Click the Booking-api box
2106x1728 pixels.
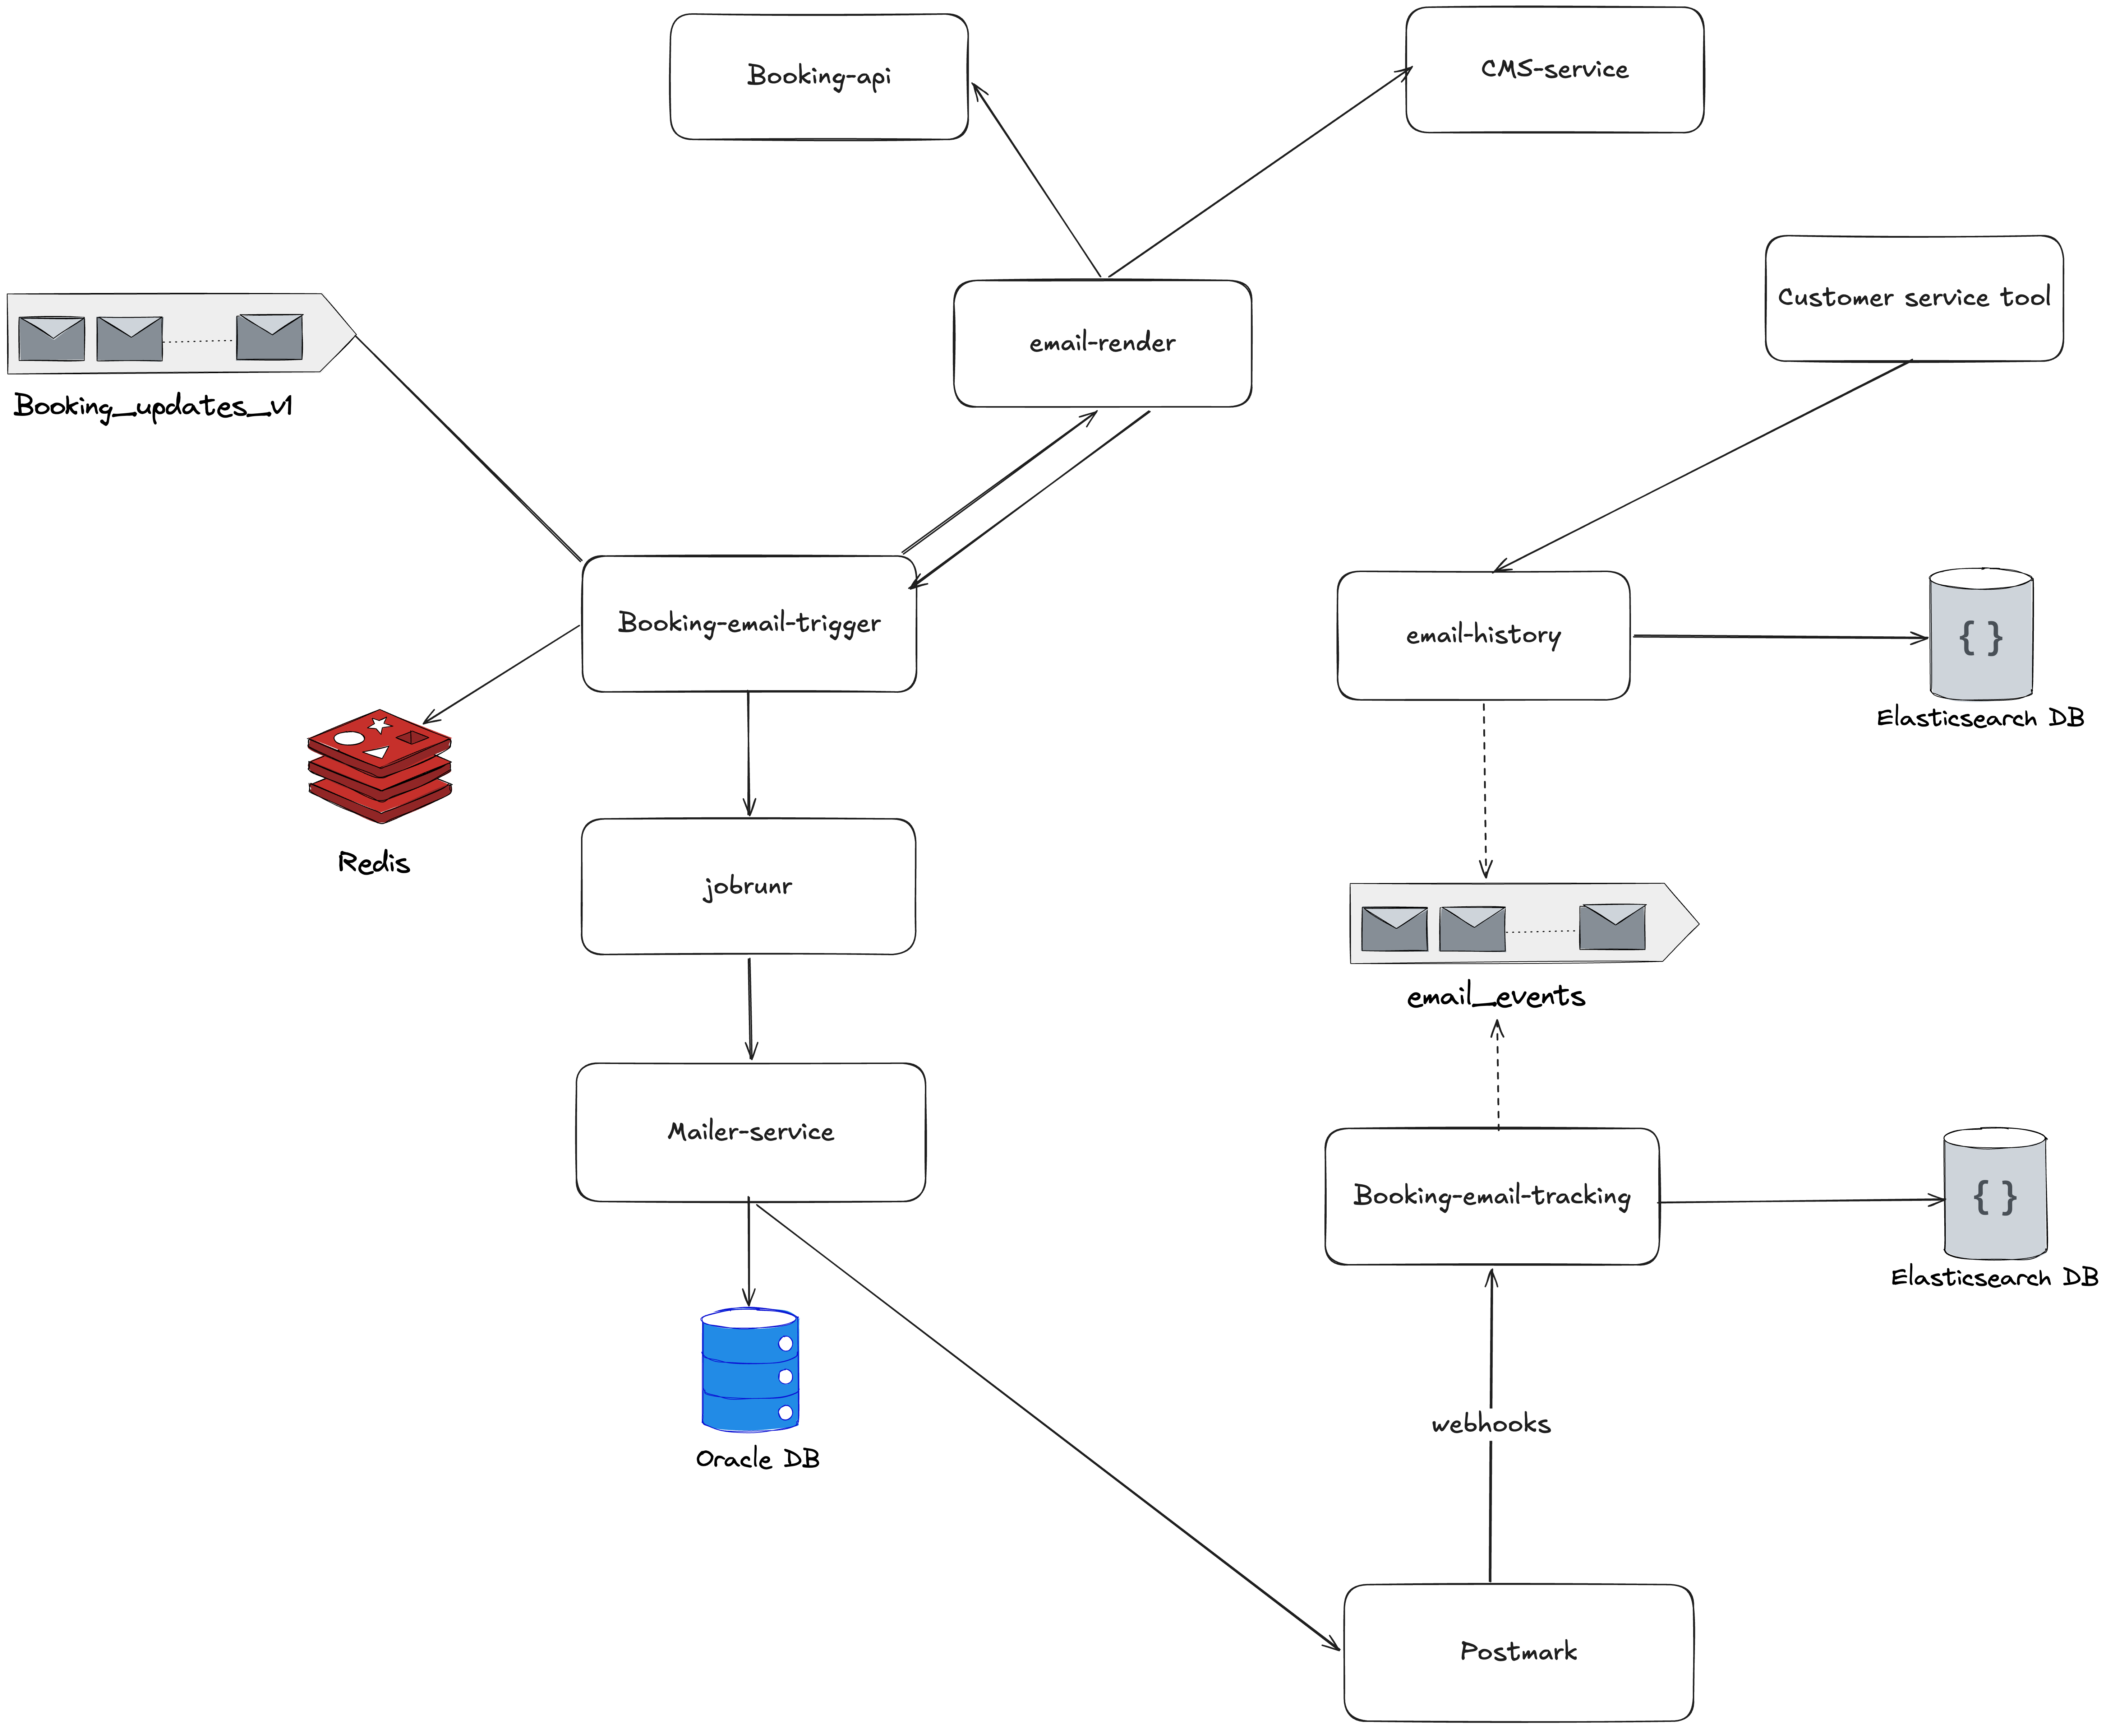point(819,76)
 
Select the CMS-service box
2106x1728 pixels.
point(1554,70)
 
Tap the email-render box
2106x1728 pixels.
point(1102,343)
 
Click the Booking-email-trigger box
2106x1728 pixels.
point(749,623)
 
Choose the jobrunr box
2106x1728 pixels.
point(748,886)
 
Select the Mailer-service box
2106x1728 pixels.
point(751,1132)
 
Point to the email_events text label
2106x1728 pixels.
point(1496,997)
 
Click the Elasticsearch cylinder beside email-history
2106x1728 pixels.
point(1981,635)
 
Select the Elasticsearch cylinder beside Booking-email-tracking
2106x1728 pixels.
point(1995,1194)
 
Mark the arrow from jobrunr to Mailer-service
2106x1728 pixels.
point(750,1007)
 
